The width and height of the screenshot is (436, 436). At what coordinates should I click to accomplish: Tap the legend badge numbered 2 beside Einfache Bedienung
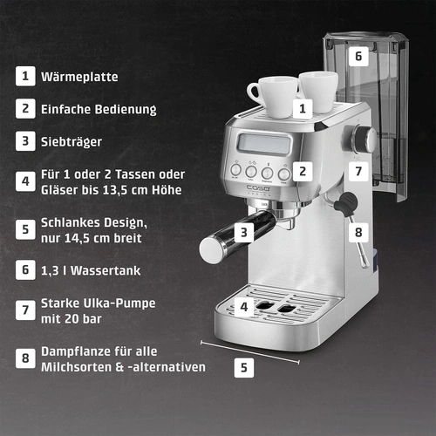tap(25, 109)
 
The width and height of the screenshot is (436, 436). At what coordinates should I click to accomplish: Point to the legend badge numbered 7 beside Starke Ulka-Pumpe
tap(25, 309)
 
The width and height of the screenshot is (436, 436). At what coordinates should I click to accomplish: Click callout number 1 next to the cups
tap(302, 108)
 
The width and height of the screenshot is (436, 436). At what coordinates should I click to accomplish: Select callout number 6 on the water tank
tap(356, 56)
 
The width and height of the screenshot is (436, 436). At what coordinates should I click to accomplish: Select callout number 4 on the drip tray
tap(245, 307)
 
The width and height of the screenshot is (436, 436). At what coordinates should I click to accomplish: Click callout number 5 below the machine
tap(245, 367)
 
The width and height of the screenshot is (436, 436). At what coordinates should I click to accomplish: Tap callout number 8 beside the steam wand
tap(356, 233)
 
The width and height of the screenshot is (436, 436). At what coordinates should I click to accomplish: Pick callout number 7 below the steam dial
tap(356, 170)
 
